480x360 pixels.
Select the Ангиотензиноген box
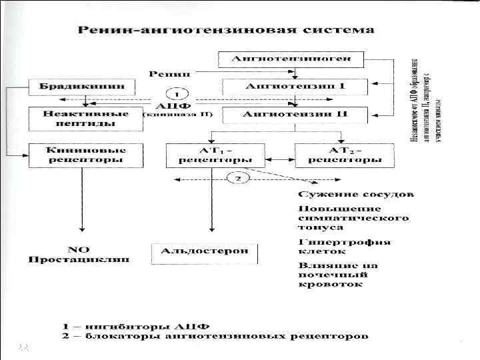291,59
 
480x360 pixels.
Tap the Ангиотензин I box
295,87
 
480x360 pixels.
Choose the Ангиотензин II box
295,114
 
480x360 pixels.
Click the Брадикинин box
81,87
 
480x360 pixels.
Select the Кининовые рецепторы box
85,155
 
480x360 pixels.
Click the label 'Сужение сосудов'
355,195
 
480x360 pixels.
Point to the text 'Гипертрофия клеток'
344,247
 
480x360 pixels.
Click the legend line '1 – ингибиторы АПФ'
136,326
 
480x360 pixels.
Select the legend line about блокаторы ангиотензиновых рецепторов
215,337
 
